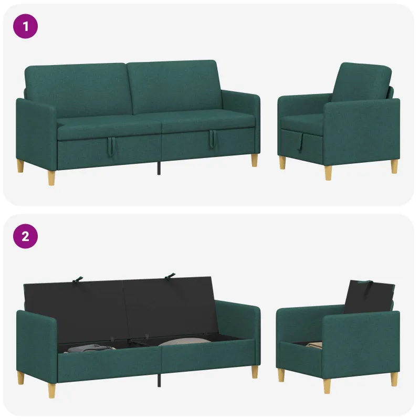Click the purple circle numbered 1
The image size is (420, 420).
[x=25, y=26]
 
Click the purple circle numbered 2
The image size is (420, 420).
[x=25, y=236]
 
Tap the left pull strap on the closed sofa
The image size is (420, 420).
[x=111, y=146]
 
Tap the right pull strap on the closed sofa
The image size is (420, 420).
[x=213, y=139]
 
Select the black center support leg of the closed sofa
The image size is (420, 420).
[x=159, y=168]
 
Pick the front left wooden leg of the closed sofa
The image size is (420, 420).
[x=51, y=177]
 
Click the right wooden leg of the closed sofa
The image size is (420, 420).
[x=255, y=160]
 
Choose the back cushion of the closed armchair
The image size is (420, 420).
[x=362, y=82]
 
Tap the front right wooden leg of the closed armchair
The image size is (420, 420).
[x=329, y=173]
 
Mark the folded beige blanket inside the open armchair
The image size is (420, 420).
[x=314, y=344]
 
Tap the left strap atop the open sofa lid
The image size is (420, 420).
[x=77, y=279]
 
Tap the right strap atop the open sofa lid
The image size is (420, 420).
[x=170, y=276]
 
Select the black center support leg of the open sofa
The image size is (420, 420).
[x=159, y=380]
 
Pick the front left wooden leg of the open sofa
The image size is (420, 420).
[x=51, y=390]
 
